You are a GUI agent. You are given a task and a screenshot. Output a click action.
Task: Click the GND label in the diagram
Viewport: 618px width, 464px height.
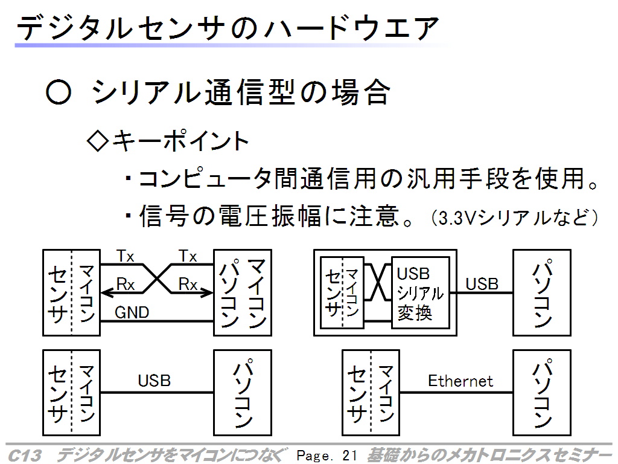tap(132, 312)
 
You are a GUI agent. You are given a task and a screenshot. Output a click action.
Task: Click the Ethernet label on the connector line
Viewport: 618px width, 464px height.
tap(460, 381)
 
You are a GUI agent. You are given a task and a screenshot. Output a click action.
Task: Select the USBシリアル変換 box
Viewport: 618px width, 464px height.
tap(420, 292)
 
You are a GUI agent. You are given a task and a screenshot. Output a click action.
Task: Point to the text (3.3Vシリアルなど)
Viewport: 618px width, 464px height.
tap(515, 216)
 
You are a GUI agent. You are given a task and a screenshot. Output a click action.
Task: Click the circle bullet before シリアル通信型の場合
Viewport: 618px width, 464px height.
tap(59, 94)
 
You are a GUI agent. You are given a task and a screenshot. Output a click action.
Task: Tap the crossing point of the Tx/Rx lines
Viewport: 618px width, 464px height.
tap(158, 278)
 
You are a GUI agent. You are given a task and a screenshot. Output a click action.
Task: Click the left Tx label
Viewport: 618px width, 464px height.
tap(126, 256)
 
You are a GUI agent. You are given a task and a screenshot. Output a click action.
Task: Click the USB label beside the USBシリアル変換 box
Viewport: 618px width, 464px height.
tap(482, 283)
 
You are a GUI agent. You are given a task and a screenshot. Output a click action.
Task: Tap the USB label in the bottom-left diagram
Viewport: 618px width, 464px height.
tap(154, 381)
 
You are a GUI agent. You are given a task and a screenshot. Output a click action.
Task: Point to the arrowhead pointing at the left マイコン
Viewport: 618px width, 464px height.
tap(106, 292)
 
